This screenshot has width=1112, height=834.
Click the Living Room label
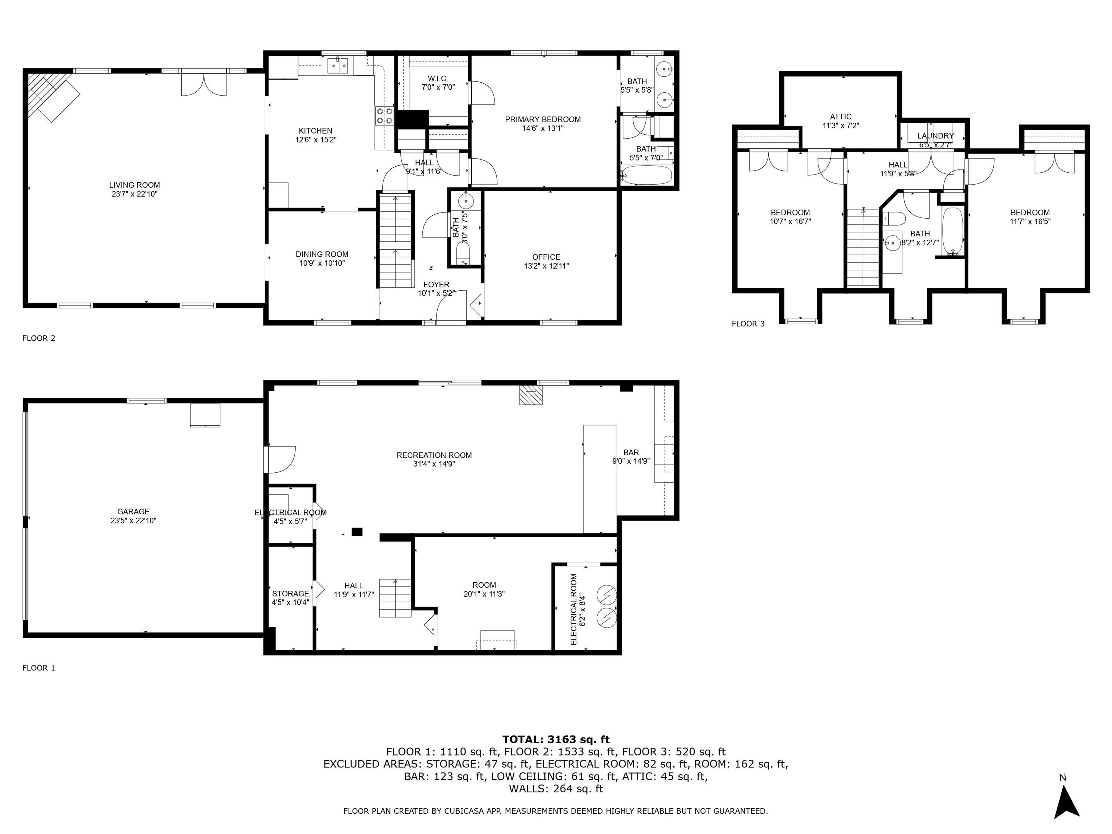134,185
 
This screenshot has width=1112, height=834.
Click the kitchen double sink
338,66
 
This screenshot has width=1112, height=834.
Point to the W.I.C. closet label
438,79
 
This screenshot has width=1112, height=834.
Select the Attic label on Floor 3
841,117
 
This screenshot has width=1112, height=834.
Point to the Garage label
133,512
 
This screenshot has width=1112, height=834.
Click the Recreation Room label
434,455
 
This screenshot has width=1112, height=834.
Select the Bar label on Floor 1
631,452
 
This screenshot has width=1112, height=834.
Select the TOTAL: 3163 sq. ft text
556,740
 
